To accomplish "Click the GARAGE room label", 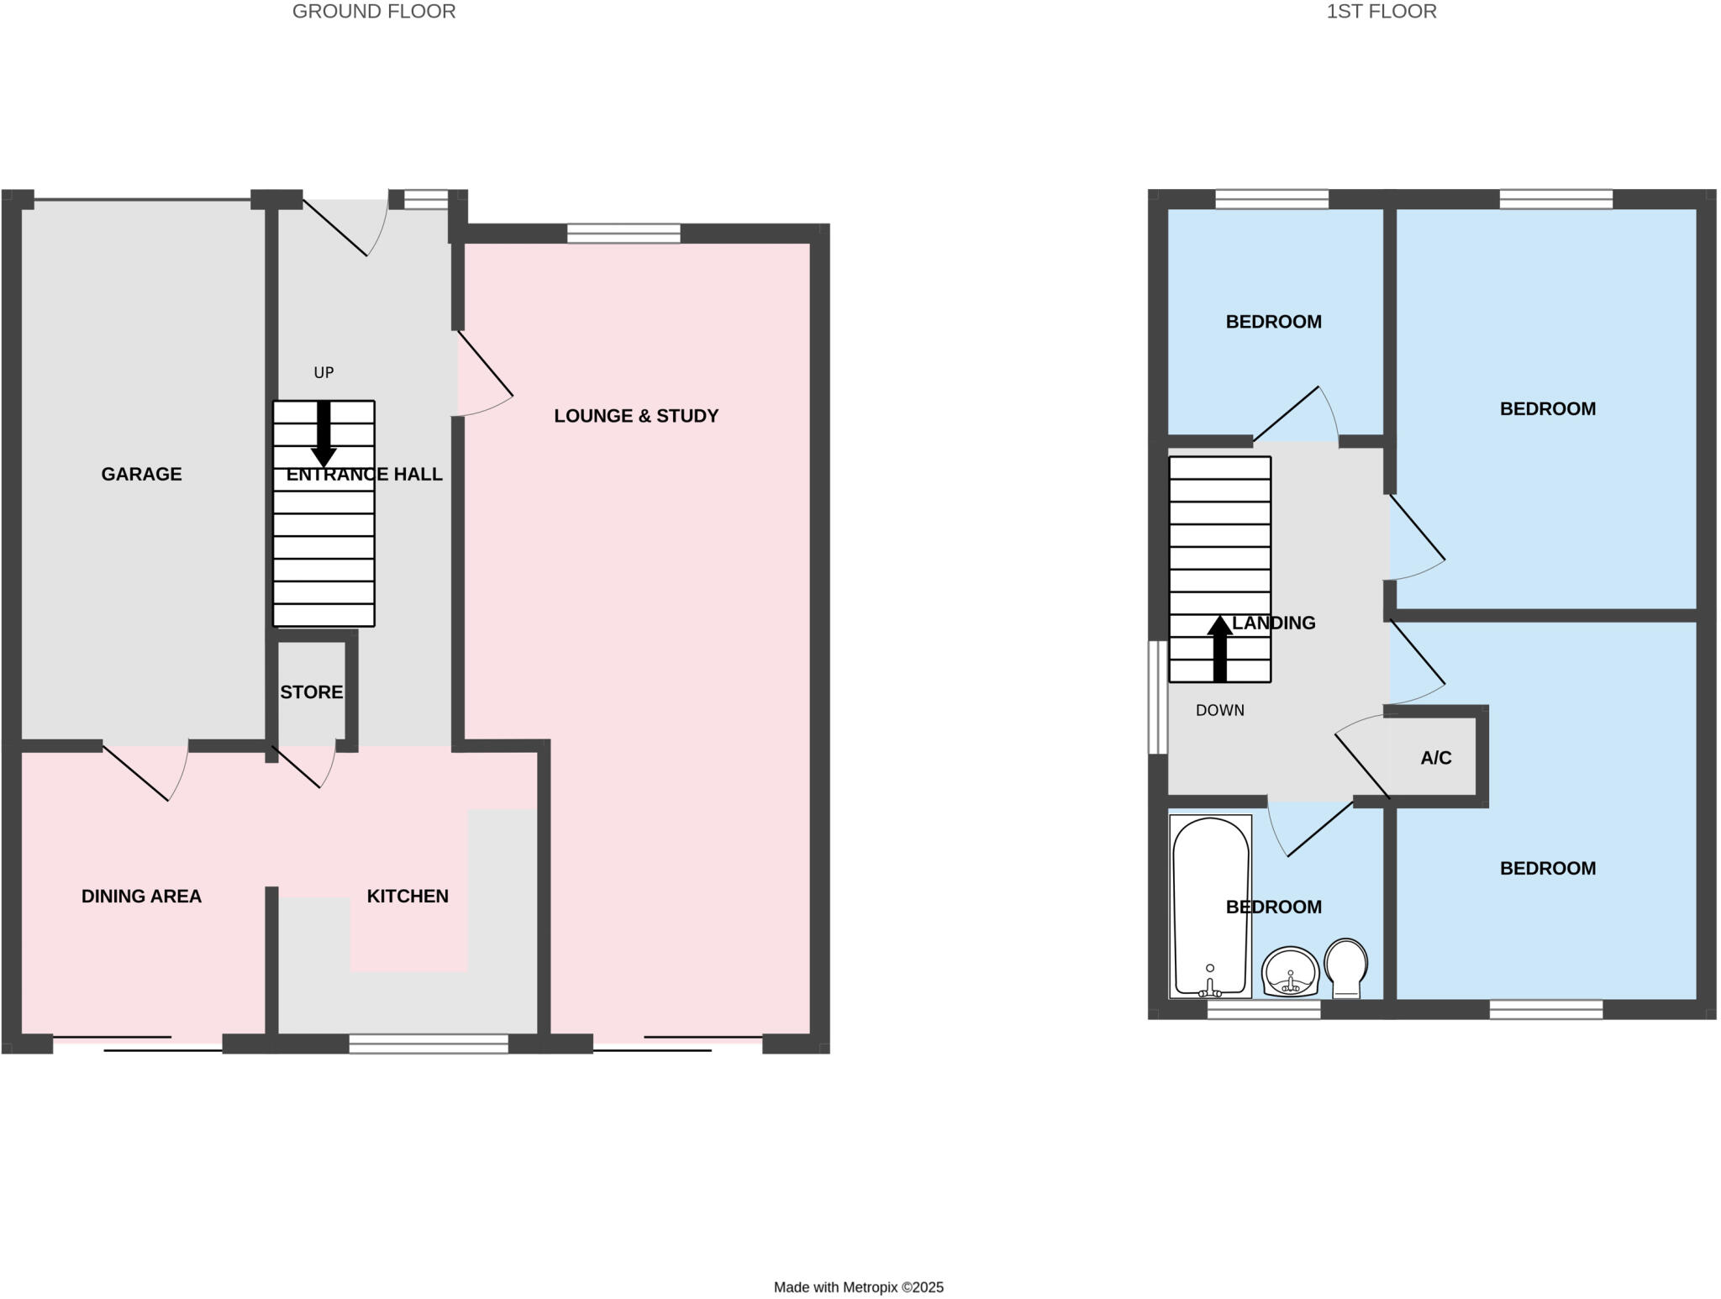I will [x=141, y=474].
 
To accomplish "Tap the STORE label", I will [x=311, y=692].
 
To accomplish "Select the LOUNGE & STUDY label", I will [x=636, y=416].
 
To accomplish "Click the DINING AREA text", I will [x=141, y=897].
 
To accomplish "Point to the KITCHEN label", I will [x=408, y=897].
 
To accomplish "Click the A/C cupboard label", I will [x=1436, y=758].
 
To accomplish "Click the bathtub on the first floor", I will [x=1210, y=906].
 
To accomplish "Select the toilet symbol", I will [x=1345, y=966].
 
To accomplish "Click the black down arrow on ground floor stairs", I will [x=324, y=434].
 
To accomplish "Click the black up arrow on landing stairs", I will [x=1219, y=648].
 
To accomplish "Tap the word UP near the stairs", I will [x=324, y=372].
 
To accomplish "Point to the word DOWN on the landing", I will [x=1219, y=710].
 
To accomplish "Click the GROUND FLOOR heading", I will [x=374, y=12].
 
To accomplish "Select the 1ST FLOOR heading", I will [x=1382, y=12].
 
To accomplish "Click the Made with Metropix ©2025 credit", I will [x=858, y=1287].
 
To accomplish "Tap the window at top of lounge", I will [x=624, y=233].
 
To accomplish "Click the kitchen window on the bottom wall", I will [x=429, y=1044].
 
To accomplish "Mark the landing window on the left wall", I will [x=1157, y=697].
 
